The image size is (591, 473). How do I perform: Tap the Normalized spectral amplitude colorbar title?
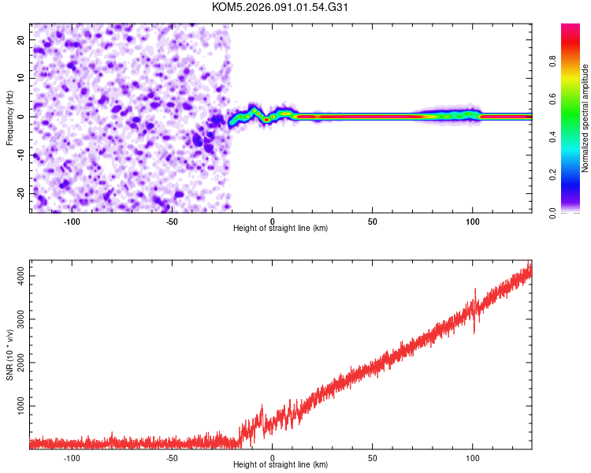point(585,118)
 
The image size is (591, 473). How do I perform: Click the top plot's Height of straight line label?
point(281,228)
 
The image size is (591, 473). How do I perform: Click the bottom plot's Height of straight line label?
point(281,464)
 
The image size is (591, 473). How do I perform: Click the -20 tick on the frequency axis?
point(20,194)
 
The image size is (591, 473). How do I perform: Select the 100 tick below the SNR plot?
point(473,456)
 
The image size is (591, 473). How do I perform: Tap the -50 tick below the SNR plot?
point(172,456)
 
